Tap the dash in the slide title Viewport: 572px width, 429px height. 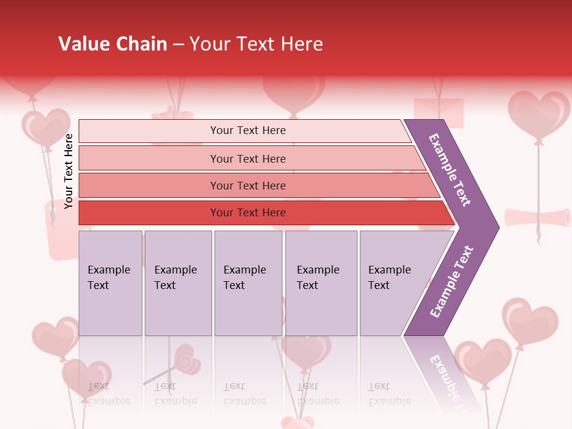[x=178, y=45]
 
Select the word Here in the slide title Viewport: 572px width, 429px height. [x=301, y=44]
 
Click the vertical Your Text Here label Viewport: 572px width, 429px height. [x=69, y=171]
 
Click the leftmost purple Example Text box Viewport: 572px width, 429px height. [x=110, y=283]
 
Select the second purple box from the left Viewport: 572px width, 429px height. [x=178, y=283]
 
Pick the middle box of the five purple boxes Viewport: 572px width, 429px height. [x=248, y=283]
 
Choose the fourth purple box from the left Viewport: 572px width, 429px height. [x=321, y=283]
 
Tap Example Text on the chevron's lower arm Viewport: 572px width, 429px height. [x=452, y=281]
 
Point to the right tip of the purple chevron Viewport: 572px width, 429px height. [x=498, y=228]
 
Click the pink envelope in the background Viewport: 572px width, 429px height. [x=439, y=113]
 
